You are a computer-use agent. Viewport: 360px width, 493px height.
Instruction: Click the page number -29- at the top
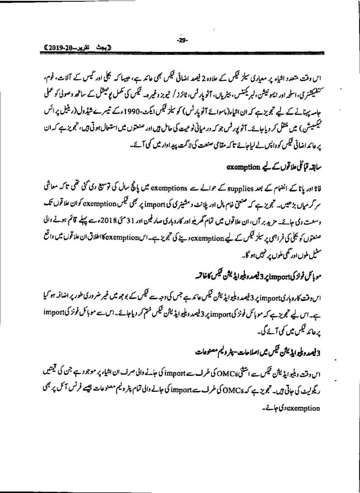click(181, 40)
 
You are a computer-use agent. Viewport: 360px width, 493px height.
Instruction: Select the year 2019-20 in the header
click(61, 48)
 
